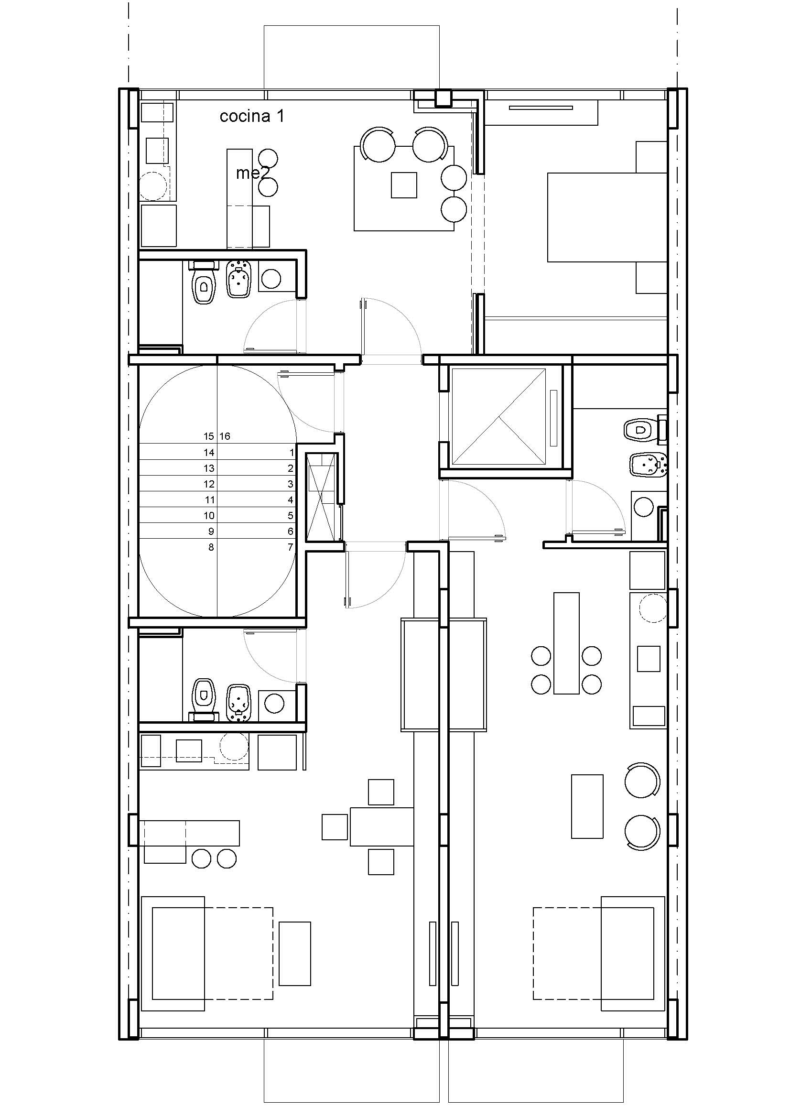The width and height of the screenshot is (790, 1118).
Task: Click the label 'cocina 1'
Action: pos(252,116)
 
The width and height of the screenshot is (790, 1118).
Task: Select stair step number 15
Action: pos(209,436)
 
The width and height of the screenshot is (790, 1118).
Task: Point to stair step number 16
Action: pos(225,436)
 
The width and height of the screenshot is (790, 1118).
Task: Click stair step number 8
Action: pos(211,547)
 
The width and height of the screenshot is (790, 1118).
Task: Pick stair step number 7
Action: pos(291,547)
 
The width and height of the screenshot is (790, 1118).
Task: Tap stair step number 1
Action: pos(292,452)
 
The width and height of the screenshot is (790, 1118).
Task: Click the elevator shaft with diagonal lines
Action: pos(499,416)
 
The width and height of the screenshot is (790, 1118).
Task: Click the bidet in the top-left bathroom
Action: pos(238,280)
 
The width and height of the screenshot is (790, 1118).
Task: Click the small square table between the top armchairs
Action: pos(404,185)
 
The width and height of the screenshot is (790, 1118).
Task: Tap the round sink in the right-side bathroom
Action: pos(644,506)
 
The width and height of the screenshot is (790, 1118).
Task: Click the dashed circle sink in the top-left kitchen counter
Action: pos(154,186)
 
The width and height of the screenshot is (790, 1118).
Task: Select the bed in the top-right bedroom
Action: pos(607,217)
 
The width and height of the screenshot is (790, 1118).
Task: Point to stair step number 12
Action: pos(209,484)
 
